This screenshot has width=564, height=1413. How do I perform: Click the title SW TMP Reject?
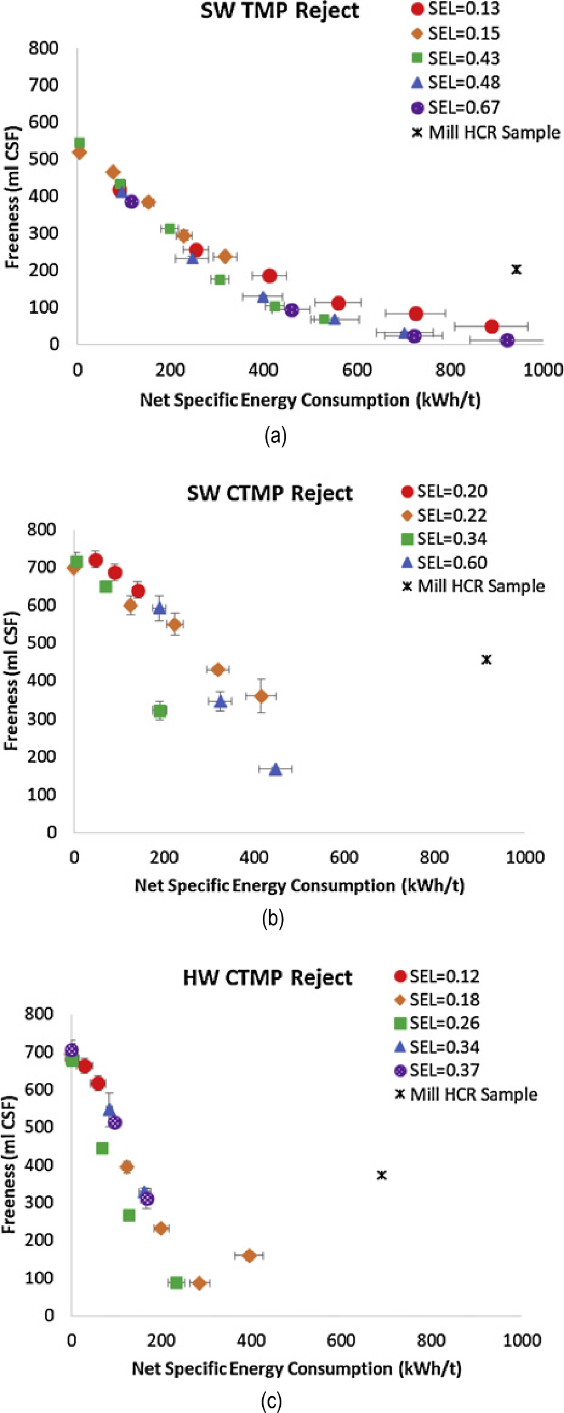pyautogui.click(x=280, y=10)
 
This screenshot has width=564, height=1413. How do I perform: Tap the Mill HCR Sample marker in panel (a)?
pyautogui.click(x=516, y=269)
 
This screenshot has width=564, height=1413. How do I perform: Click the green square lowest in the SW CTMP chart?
pyautogui.click(x=160, y=710)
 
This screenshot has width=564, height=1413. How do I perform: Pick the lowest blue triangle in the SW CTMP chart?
pyautogui.click(x=276, y=769)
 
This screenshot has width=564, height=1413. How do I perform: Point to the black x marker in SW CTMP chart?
pyautogui.click(x=487, y=659)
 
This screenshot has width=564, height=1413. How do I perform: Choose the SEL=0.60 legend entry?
pyautogui.click(x=444, y=562)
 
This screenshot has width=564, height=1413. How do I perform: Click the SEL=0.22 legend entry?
pyautogui.click(x=444, y=515)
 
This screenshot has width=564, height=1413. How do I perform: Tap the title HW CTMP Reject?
pyautogui.click(x=267, y=977)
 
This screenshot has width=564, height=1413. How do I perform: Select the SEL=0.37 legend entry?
pyautogui.click(x=437, y=1070)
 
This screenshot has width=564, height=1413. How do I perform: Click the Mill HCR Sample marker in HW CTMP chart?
pyautogui.click(x=381, y=1175)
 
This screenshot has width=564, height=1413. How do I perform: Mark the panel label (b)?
pyautogui.click(x=273, y=918)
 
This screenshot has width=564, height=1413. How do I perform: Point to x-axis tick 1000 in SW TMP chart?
pyautogui.click(x=542, y=370)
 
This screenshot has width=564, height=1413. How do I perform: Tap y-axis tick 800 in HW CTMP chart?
pyautogui.click(x=39, y=1014)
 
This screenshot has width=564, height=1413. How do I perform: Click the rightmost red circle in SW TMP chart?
pyautogui.click(x=492, y=326)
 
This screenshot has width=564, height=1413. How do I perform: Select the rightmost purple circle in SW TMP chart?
pyautogui.click(x=507, y=340)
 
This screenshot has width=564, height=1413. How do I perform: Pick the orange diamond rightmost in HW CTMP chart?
pyautogui.click(x=249, y=1255)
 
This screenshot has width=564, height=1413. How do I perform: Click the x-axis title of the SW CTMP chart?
pyautogui.click(x=299, y=885)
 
